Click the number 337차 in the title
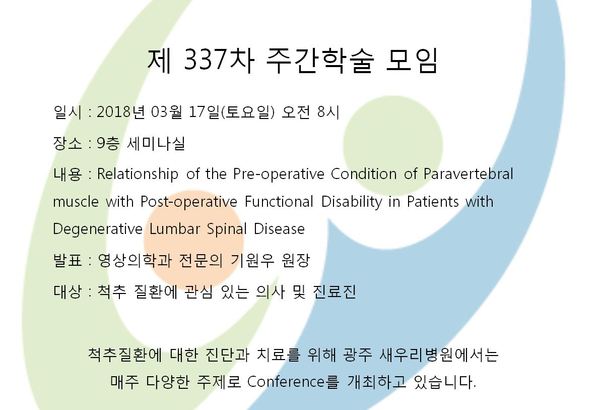coord(218,60)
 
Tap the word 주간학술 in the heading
coord(318,60)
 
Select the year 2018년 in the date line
coord(121,112)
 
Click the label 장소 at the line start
coord(67,144)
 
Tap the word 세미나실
coord(156,144)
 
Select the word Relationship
coord(138,175)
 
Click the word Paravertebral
coord(468,174)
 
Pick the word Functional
coord(279,201)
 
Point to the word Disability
coord(351,202)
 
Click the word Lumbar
coord(175,229)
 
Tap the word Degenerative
coord(98,230)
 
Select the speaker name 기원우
coord(253,261)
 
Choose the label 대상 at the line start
coord(67,292)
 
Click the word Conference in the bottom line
coord(286,382)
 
